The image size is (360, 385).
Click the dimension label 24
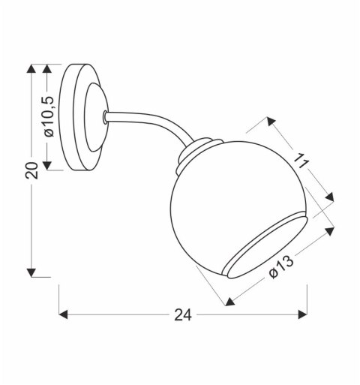182,317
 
